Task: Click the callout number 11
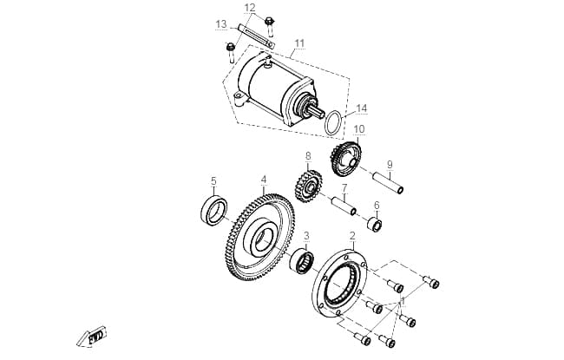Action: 299,43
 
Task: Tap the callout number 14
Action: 361,108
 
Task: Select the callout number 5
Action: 213,181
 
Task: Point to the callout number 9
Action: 390,165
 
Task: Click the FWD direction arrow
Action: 92,337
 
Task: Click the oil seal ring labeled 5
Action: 213,211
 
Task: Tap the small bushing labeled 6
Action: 375,225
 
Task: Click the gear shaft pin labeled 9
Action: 388,183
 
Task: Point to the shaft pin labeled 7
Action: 344,206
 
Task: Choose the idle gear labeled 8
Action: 308,186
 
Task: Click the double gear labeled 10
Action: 345,160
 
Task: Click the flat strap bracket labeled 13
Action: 255,36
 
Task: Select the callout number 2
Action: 352,236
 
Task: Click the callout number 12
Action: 250,8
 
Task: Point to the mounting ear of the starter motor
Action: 239,98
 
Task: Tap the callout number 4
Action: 264,180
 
